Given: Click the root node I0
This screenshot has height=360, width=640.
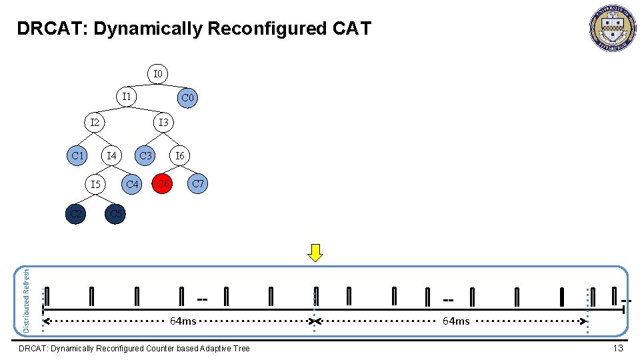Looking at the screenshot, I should tap(157, 73).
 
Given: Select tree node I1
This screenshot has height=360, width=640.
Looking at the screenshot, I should tap(126, 97).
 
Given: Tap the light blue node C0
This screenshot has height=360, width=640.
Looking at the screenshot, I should tap(188, 99).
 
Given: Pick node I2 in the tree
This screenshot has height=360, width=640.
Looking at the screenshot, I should tap(95, 123).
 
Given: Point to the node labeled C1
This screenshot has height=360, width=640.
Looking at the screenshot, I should tap(78, 156).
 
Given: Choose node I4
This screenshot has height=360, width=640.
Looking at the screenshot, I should tap(111, 156).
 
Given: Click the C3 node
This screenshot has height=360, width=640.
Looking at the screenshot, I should tap(145, 156).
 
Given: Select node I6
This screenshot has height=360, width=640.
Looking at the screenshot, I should tap(179, 156).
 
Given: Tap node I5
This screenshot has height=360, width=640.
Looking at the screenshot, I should tap(96, 183).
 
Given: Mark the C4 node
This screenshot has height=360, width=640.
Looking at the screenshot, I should tap(133, 183).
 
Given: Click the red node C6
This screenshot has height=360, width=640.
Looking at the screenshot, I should tap(163, 183).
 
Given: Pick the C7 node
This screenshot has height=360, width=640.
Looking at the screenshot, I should tap(197, 183).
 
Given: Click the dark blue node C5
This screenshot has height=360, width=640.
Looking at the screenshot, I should tap(115, 214).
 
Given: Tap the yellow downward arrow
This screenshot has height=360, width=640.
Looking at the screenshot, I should tap(316, 253).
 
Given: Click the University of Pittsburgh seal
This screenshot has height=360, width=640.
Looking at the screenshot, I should tap(612, 28).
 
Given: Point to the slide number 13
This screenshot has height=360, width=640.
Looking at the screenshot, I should tap(618, 348).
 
